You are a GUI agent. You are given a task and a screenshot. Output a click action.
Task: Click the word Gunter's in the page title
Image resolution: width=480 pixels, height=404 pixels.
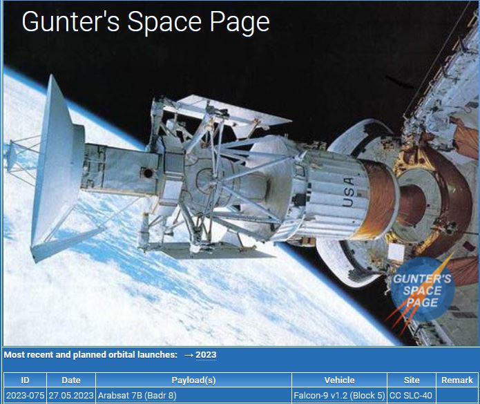70,21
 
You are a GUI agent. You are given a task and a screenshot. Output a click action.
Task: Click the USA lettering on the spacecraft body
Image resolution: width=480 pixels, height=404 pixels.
349,192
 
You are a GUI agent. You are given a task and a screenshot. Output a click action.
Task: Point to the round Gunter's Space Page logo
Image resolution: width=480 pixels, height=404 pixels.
423,289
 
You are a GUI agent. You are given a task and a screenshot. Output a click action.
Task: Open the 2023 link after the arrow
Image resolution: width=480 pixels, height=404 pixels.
206,355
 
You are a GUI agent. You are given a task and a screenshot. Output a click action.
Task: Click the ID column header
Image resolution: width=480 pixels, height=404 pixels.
25,380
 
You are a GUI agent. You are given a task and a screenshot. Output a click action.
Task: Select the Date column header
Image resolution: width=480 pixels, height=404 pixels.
71,380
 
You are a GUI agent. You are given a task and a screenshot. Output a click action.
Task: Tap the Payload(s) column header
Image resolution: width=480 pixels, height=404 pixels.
193,380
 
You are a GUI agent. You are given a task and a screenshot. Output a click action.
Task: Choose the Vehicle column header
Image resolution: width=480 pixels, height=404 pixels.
340,380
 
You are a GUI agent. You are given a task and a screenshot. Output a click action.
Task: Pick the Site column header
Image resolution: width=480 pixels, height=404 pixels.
412,380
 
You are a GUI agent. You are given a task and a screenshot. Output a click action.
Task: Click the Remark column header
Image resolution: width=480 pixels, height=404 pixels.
457,380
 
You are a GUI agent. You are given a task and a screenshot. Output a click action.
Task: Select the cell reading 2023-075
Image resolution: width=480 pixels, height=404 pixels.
25,396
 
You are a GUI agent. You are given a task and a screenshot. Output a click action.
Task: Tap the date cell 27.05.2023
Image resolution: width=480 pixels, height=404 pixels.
71,396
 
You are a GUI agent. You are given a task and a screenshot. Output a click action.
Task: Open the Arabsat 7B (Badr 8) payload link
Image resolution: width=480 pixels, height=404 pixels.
137,396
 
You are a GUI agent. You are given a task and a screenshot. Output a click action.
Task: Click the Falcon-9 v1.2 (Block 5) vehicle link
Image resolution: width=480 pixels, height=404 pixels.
339,396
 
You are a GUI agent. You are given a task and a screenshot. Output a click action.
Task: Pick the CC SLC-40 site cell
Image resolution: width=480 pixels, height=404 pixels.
411,396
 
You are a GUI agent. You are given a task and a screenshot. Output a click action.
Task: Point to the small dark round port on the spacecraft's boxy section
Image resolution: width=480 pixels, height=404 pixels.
148,173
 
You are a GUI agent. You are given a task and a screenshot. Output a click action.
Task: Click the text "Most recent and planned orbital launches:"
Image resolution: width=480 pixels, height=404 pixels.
90,355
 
